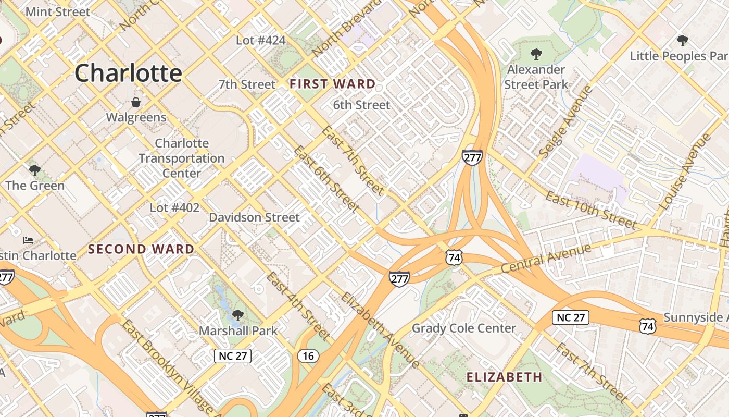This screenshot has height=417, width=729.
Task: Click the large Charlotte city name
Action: pos(128,73)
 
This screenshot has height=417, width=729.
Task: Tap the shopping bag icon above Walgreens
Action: pos(136,102)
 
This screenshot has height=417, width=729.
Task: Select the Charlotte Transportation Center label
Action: pos(182,158)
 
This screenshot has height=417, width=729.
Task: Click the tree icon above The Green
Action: pos(35,170)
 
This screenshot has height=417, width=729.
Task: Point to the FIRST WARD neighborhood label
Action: pos(332,84)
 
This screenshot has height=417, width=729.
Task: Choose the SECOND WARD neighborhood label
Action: pos(141,249)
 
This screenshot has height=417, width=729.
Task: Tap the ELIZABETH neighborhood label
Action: pos(504,377)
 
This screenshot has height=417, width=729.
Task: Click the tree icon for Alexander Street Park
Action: pos(536,54)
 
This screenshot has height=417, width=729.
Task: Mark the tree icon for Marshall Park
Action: pos(238,315)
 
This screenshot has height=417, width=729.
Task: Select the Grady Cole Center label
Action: pos(463,328)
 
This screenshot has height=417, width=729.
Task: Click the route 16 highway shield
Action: pos(308,356)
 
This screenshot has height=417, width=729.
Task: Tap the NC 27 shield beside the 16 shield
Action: pos(233,356)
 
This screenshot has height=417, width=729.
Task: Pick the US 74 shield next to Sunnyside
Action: pos(648,327)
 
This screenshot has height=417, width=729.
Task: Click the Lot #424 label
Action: pos(261,40)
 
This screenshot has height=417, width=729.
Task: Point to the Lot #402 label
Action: pos(174,208)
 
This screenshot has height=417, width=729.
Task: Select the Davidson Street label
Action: pos(254,217)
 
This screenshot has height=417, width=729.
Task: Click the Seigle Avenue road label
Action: pos(567,121)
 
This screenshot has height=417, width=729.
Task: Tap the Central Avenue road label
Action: pos(546,259)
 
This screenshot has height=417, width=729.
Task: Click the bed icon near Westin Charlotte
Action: pos(28,240)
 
